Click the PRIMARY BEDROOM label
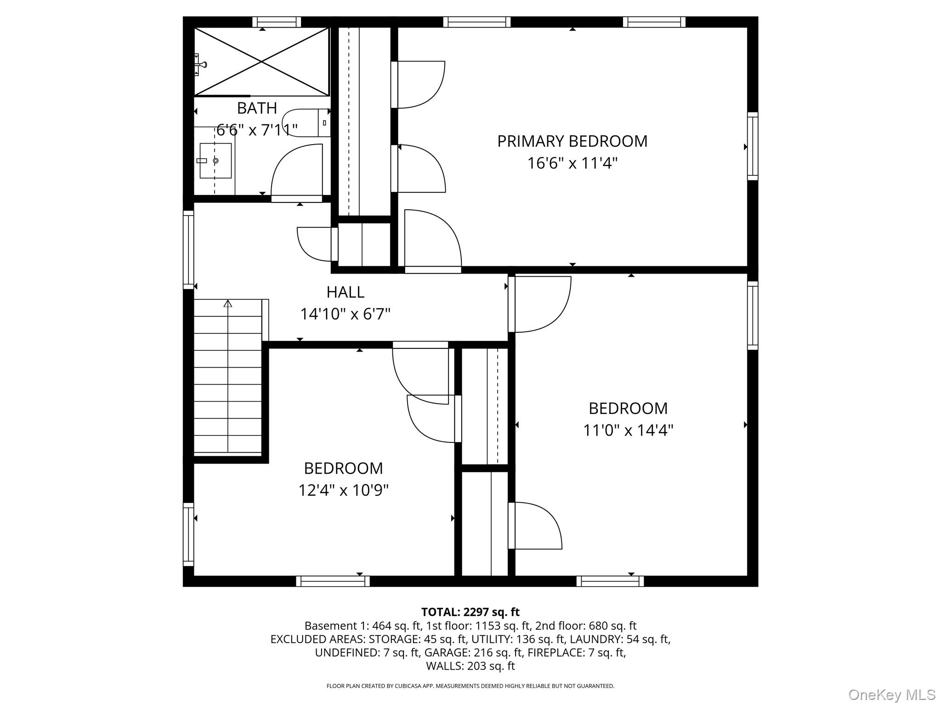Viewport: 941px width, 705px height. coord(572,141)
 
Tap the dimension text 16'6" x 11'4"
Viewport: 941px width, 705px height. coord(572,163)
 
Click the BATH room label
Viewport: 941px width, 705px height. coord(257,108)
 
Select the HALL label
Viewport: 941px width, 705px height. coord(345,292)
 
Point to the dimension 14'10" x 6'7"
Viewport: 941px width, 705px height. coord(345,314)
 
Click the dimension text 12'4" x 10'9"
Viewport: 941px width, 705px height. coord(343,491)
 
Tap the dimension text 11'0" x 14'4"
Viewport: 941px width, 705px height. coord(628,431)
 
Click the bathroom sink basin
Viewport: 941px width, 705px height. coord(215,161)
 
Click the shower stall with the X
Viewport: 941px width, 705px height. coord(261,62)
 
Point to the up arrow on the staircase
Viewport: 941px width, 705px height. coord(228,304)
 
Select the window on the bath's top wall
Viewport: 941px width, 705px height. coord(277,22)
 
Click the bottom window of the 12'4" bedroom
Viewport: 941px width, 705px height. coord(333,581)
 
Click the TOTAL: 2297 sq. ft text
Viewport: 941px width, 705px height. coord(470,612)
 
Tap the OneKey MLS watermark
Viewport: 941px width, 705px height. coord(891,694)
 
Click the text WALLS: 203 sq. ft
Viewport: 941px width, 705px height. coord(470,666)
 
